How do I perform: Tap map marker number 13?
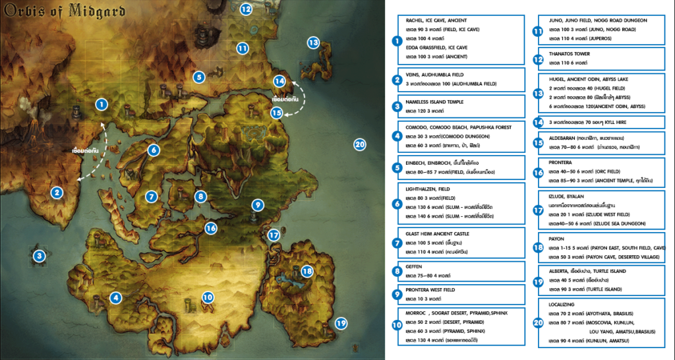point(313,43)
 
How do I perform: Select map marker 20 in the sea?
point(359,145)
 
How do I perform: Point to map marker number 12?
point(245,9)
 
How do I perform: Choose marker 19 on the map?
point(340,323)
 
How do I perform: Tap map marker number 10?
point(208,297)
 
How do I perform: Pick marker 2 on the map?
point(57,193)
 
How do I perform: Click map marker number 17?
point(274,235)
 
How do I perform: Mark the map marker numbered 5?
point(198,77)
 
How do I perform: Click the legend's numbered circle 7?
point(397,242)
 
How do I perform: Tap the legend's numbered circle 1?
point(397,41)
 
